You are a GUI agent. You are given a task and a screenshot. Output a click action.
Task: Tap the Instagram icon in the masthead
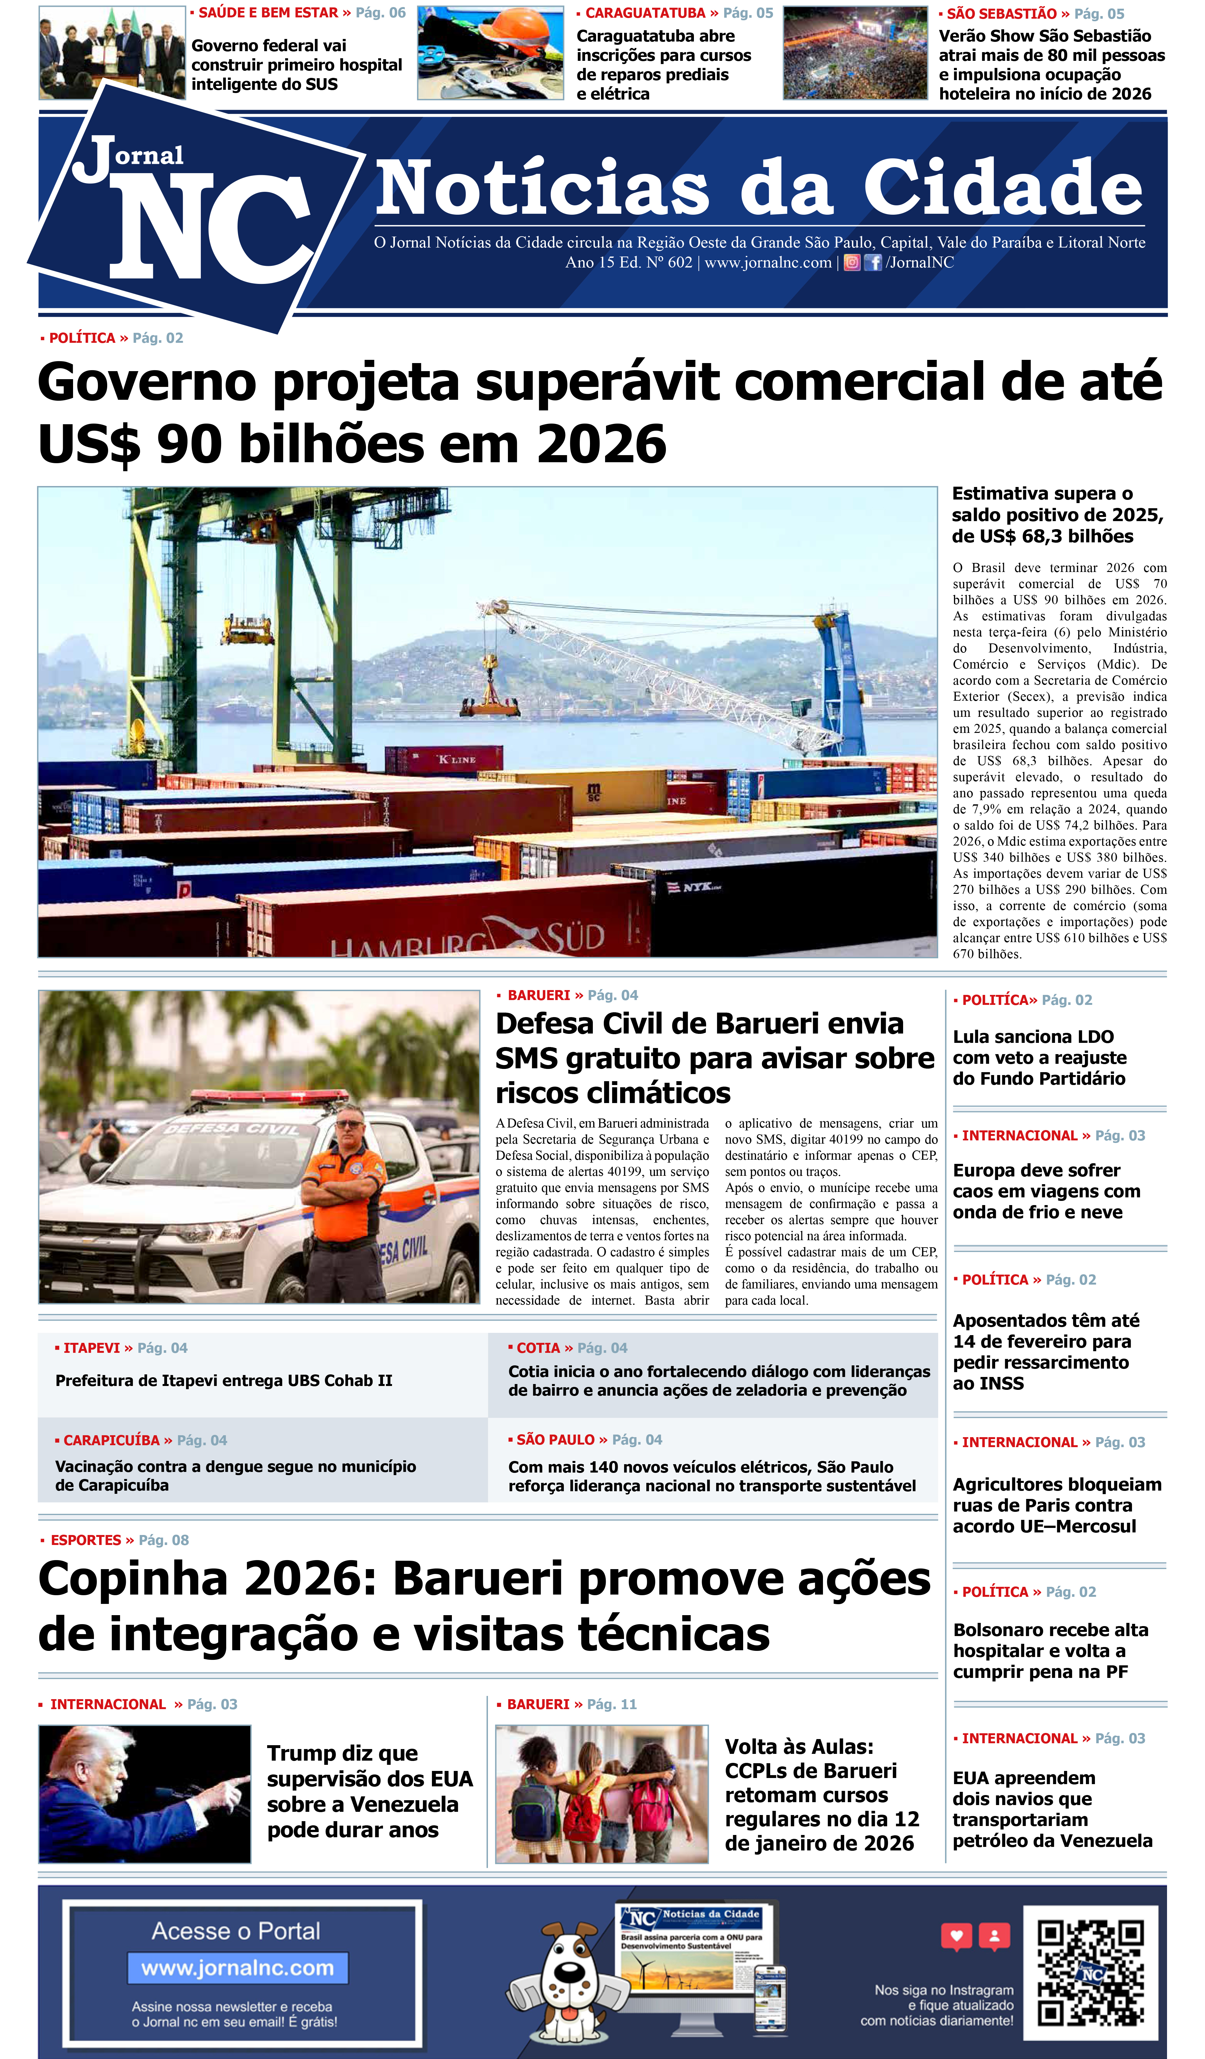pos(851,262)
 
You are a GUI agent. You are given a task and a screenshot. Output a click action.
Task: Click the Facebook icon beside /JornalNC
pos(873,262)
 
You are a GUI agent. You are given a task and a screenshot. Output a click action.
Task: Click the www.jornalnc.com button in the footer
pos(238,1968)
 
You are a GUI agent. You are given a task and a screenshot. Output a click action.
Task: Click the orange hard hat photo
pos(490,53)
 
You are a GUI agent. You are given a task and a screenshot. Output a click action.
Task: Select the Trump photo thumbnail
pos(145,1793)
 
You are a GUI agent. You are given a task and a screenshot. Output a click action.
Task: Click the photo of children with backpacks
pos(601,1793)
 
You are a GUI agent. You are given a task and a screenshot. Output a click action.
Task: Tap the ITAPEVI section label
pos(91,1347)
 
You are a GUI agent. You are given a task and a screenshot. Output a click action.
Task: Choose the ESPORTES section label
pos(86,1540)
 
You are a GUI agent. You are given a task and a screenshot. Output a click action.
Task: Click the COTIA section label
pos(537,1347)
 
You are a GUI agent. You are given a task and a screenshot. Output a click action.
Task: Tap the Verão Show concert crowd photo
pos(855,53)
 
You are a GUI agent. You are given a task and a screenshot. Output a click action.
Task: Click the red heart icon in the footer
pos(956,1936)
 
